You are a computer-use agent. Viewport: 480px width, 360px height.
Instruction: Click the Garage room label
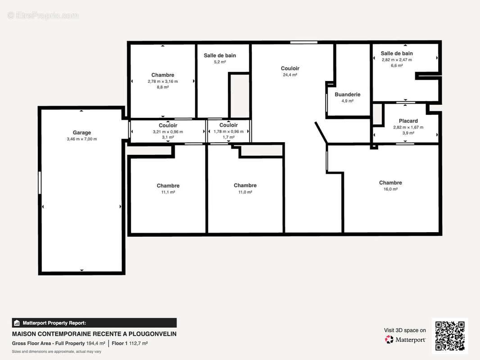point(82,132)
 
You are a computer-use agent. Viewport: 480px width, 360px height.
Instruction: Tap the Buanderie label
point(348,94)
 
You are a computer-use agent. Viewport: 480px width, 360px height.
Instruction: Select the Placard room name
point(408,121)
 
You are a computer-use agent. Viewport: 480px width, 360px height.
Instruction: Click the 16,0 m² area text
point(390,189)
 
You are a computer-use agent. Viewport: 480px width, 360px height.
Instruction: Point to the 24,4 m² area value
point(290,75)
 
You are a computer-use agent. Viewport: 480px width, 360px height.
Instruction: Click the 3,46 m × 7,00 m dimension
point(82,139)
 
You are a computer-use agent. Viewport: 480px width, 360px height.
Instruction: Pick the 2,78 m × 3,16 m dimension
point(163,81)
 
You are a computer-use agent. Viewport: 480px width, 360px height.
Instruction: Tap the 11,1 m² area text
point(168,192)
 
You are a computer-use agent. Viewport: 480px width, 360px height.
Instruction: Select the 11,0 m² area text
point(245,192)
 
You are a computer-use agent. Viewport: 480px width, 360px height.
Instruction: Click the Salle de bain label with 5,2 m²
point(220,55)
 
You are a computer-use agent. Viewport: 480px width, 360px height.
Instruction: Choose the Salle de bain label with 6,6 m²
point(397,53)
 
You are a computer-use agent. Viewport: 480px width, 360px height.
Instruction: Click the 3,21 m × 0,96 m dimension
point(168,132)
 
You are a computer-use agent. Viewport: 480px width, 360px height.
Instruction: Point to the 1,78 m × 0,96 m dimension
point(229,131)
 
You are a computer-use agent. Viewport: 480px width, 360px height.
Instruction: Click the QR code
point(450,336)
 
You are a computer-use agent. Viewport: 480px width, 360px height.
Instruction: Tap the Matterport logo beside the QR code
point(405,339)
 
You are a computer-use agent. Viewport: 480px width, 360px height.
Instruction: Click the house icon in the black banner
point(17,323)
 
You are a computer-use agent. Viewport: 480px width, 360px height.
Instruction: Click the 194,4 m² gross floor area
point(95,343)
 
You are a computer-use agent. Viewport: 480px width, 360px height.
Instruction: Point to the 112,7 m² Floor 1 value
point(138,343)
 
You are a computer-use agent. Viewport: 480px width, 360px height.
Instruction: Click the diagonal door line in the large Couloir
point(321,133)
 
